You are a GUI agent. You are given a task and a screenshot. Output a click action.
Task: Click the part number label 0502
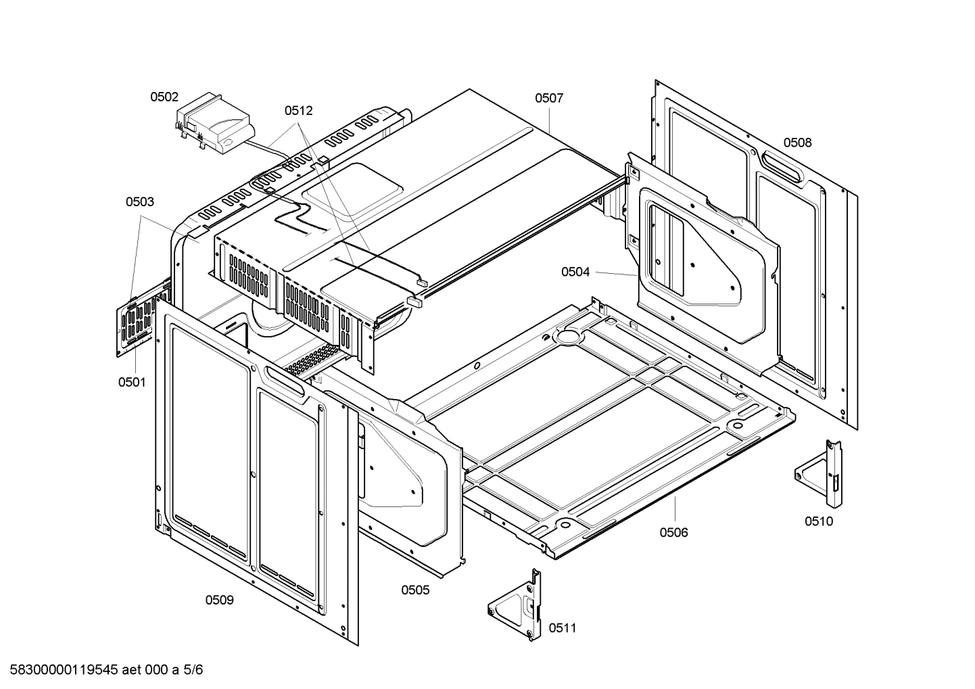pyautogui.click(x=164, y=97)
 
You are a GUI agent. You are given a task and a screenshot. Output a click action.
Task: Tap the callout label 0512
pyautogui.click(x=299, y=111)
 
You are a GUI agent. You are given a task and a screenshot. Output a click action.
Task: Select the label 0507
pyautogui.click(x=549, y=98)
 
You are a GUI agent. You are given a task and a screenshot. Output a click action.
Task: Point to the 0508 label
pyautogui.click(x=797, y=142)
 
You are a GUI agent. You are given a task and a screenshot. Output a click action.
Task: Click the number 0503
pyautogui.click(x=140, y=201)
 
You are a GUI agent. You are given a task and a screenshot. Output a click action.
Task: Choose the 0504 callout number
pyautogui.click(x=575, y=272)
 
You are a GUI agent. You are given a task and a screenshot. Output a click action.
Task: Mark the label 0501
pyautogui.click(x=132, y=382)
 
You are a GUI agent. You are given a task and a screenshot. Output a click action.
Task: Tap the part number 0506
pyautogui.click(x=674, y=532)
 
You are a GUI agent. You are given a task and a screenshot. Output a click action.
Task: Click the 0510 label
pyautogui.click(x=818, y=521)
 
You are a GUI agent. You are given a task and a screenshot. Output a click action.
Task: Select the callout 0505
pyautogui.click(x=415, y=590)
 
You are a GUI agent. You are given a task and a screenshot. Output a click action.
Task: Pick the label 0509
pyautogui.click(x=219, y=600)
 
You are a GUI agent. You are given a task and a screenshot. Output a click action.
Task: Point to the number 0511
pyautogui.click(x=563, y=627)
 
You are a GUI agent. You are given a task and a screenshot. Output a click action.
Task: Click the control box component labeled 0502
pyautogui.click(x=214, y=124)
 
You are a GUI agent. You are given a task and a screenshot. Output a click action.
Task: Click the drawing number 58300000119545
pyautogui.click(x=64, y=669)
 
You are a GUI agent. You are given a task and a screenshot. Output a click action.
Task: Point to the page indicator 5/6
pyautogui.click(x=193, y=669)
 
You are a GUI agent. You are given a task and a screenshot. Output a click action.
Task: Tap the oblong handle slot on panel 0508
pyautogui.click(x=782, y=166)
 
